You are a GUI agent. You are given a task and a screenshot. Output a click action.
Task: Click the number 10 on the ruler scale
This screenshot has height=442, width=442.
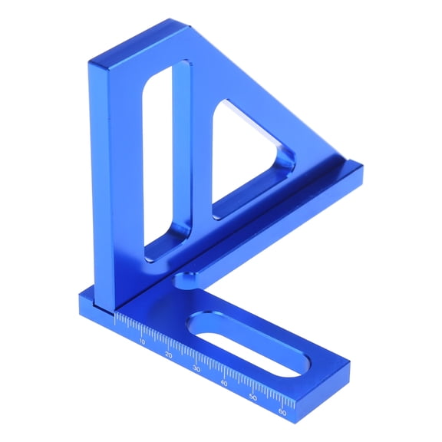140,341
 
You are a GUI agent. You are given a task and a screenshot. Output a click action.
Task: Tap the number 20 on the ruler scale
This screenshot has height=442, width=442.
169,355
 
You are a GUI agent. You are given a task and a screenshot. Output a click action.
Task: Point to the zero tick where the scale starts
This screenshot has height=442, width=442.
116,316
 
